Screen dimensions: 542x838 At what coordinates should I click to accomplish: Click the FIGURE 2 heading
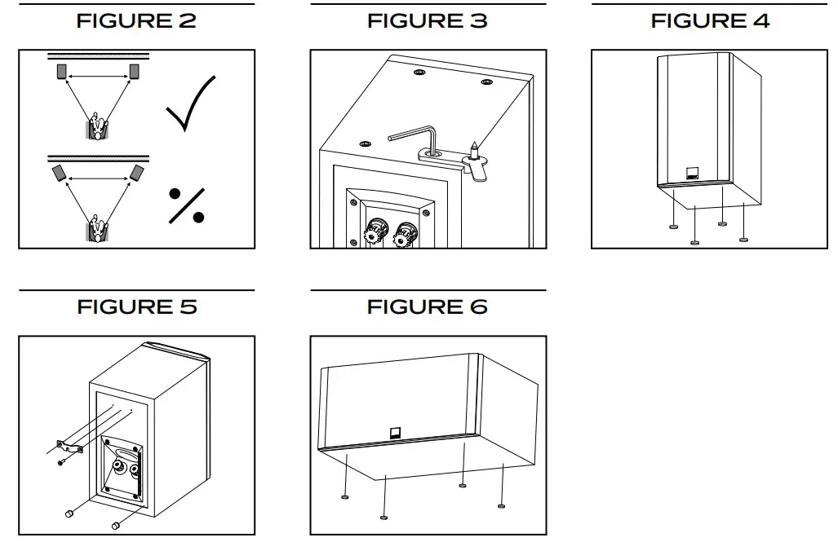tap(136, 21)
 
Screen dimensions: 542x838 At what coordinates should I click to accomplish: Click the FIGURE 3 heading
tap(428, 21)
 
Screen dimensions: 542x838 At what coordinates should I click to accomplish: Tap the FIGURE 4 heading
tap(710, 21)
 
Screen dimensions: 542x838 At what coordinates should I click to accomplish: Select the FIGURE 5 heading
tap(136, 307)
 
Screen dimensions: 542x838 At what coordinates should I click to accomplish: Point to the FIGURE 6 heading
tap(428, 307)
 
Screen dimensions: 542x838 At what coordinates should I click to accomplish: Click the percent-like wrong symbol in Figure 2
tap(186, 205)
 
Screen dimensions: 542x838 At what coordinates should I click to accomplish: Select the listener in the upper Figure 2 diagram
tap(98, 126)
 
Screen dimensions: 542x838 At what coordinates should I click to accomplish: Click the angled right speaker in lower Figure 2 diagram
tap(135, 174)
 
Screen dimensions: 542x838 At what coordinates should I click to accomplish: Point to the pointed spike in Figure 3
tap(472, 148)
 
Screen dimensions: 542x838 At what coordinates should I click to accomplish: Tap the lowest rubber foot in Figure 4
tap(694, 240)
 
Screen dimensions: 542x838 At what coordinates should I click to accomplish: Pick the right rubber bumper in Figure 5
tap(117, 524)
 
